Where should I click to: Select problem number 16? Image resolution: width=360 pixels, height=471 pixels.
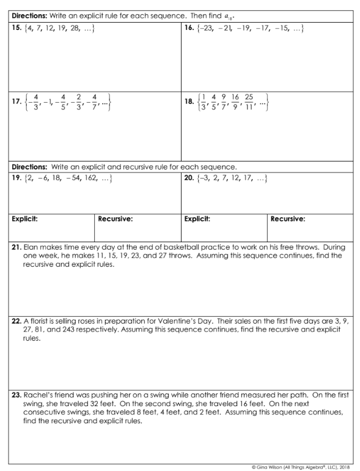[189, 29]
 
